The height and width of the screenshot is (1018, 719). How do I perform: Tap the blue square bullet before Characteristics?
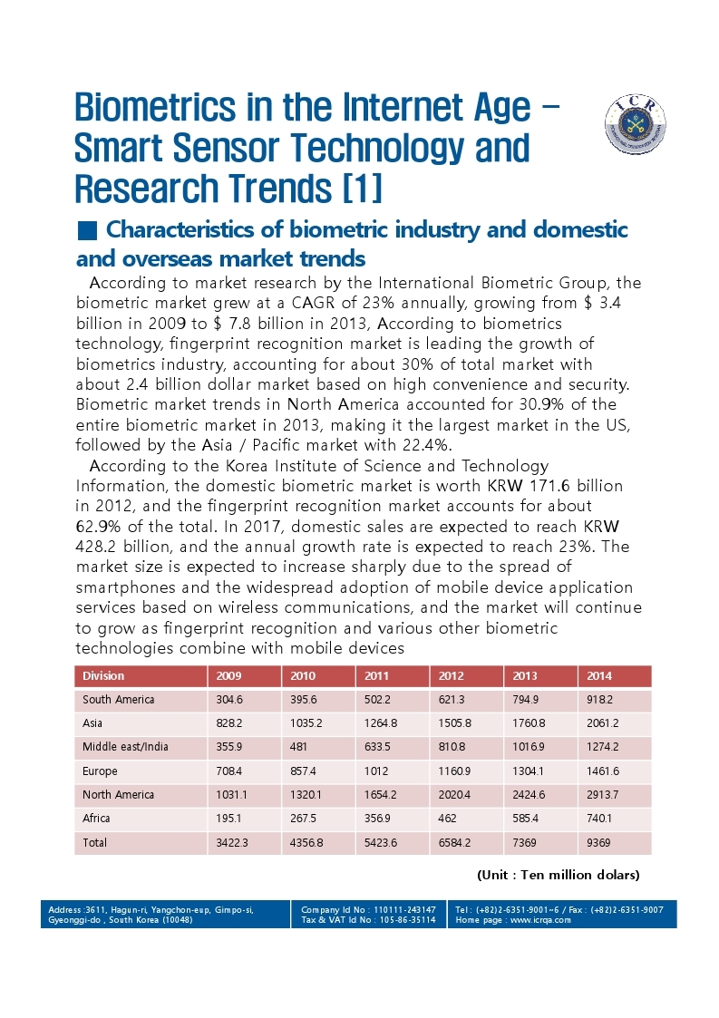click(86, 230)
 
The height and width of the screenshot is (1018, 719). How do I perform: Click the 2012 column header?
click(451, 676)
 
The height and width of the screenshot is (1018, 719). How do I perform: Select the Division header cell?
click(103, 676)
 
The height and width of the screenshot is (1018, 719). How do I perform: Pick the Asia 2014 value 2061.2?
click(602, 723)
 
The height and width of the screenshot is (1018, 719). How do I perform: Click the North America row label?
click(118, 795)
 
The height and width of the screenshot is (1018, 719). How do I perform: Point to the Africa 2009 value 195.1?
click(228, 819)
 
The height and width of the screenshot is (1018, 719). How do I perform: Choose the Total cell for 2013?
click(524, 843)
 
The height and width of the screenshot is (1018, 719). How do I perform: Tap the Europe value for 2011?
click(376, 771)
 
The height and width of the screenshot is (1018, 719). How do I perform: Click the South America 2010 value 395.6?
click(304, 700)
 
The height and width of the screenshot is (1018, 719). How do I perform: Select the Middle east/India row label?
click(125, 747)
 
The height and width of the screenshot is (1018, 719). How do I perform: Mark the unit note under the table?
click(559, 875)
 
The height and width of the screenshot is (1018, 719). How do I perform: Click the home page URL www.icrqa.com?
click(540, 920)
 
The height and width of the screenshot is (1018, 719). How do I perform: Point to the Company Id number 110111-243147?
click(404, 909)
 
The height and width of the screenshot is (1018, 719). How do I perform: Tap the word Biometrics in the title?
click(155, 108)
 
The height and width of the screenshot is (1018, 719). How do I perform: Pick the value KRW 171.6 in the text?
click(530, 486)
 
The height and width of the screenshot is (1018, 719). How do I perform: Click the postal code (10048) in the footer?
click(178, 920)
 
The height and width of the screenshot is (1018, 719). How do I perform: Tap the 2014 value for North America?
click(603, 795)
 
